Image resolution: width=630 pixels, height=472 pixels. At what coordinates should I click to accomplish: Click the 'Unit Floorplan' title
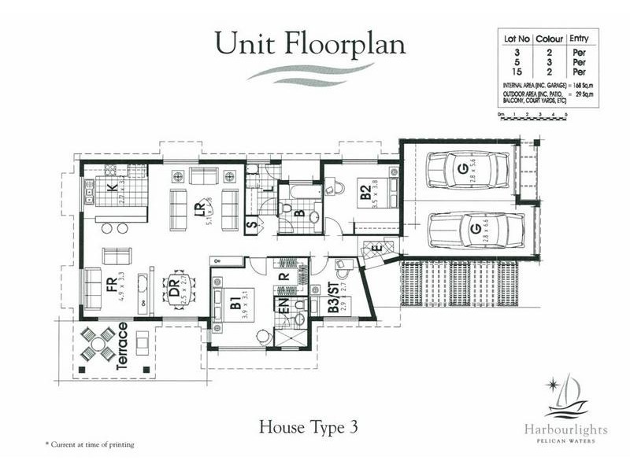pos(309,42)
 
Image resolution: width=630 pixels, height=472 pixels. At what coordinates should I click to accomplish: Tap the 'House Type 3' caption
pos(309,427)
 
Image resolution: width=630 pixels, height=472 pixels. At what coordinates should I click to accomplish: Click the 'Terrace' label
pos(122,346)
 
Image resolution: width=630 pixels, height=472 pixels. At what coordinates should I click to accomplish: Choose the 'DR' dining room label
pos(173,292)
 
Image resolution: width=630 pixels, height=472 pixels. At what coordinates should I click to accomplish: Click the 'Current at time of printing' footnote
pos(89,444)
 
